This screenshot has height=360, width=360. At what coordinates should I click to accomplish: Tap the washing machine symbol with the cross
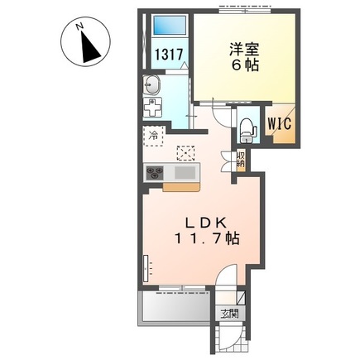[x=155, y=108]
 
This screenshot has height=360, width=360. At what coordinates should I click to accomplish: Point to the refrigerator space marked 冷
[x=153, y=132]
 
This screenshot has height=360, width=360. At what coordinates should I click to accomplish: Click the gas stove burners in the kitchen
[x=156, y=172]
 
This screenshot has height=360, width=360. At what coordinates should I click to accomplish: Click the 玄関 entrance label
[x=229, y=313]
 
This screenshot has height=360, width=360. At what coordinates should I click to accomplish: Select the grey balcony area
[x=170, y=310]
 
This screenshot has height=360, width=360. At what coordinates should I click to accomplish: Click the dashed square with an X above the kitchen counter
[x=186, y=151]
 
